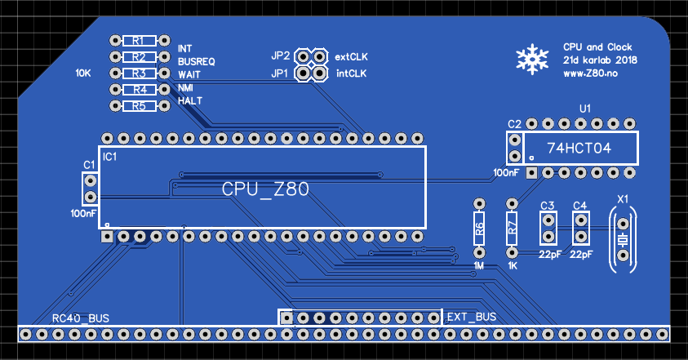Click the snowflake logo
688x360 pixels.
pyautogui.click(x=531, y=58)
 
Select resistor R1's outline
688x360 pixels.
pyautogui.click(x=138, y=40)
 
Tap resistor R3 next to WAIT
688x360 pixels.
pyautogui.click(x=138, y=73)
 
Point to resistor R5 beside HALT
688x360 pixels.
pyautogui.click(x=138, y=106)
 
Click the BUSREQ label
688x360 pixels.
pyautogui.click(x=197, y=61)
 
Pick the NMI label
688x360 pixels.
pyautogui.click(x=185, y=87)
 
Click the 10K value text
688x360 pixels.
pyautogui.click(x=83, y=73)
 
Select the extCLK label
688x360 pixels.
pyautogui.click(x=352, y=57)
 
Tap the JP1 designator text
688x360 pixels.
pyautogui.click(x=280, y=73)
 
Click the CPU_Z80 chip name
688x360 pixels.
pyautogui.click(x=265, y=189)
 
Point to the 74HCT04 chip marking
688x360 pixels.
pyautogui.click(x=577, y=149)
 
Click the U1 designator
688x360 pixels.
pyautogui.click(x=584, y=107)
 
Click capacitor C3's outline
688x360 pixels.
pyautogui.click(x=548, y=228)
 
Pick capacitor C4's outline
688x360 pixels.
pyautogui.click(x=580, y=228)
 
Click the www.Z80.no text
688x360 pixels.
pyautogui.click(x=589, y=73)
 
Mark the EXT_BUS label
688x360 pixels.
pyautogui.click(x=472, y=317)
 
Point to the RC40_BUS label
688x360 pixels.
pyautogui.click(x=81, y=318)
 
